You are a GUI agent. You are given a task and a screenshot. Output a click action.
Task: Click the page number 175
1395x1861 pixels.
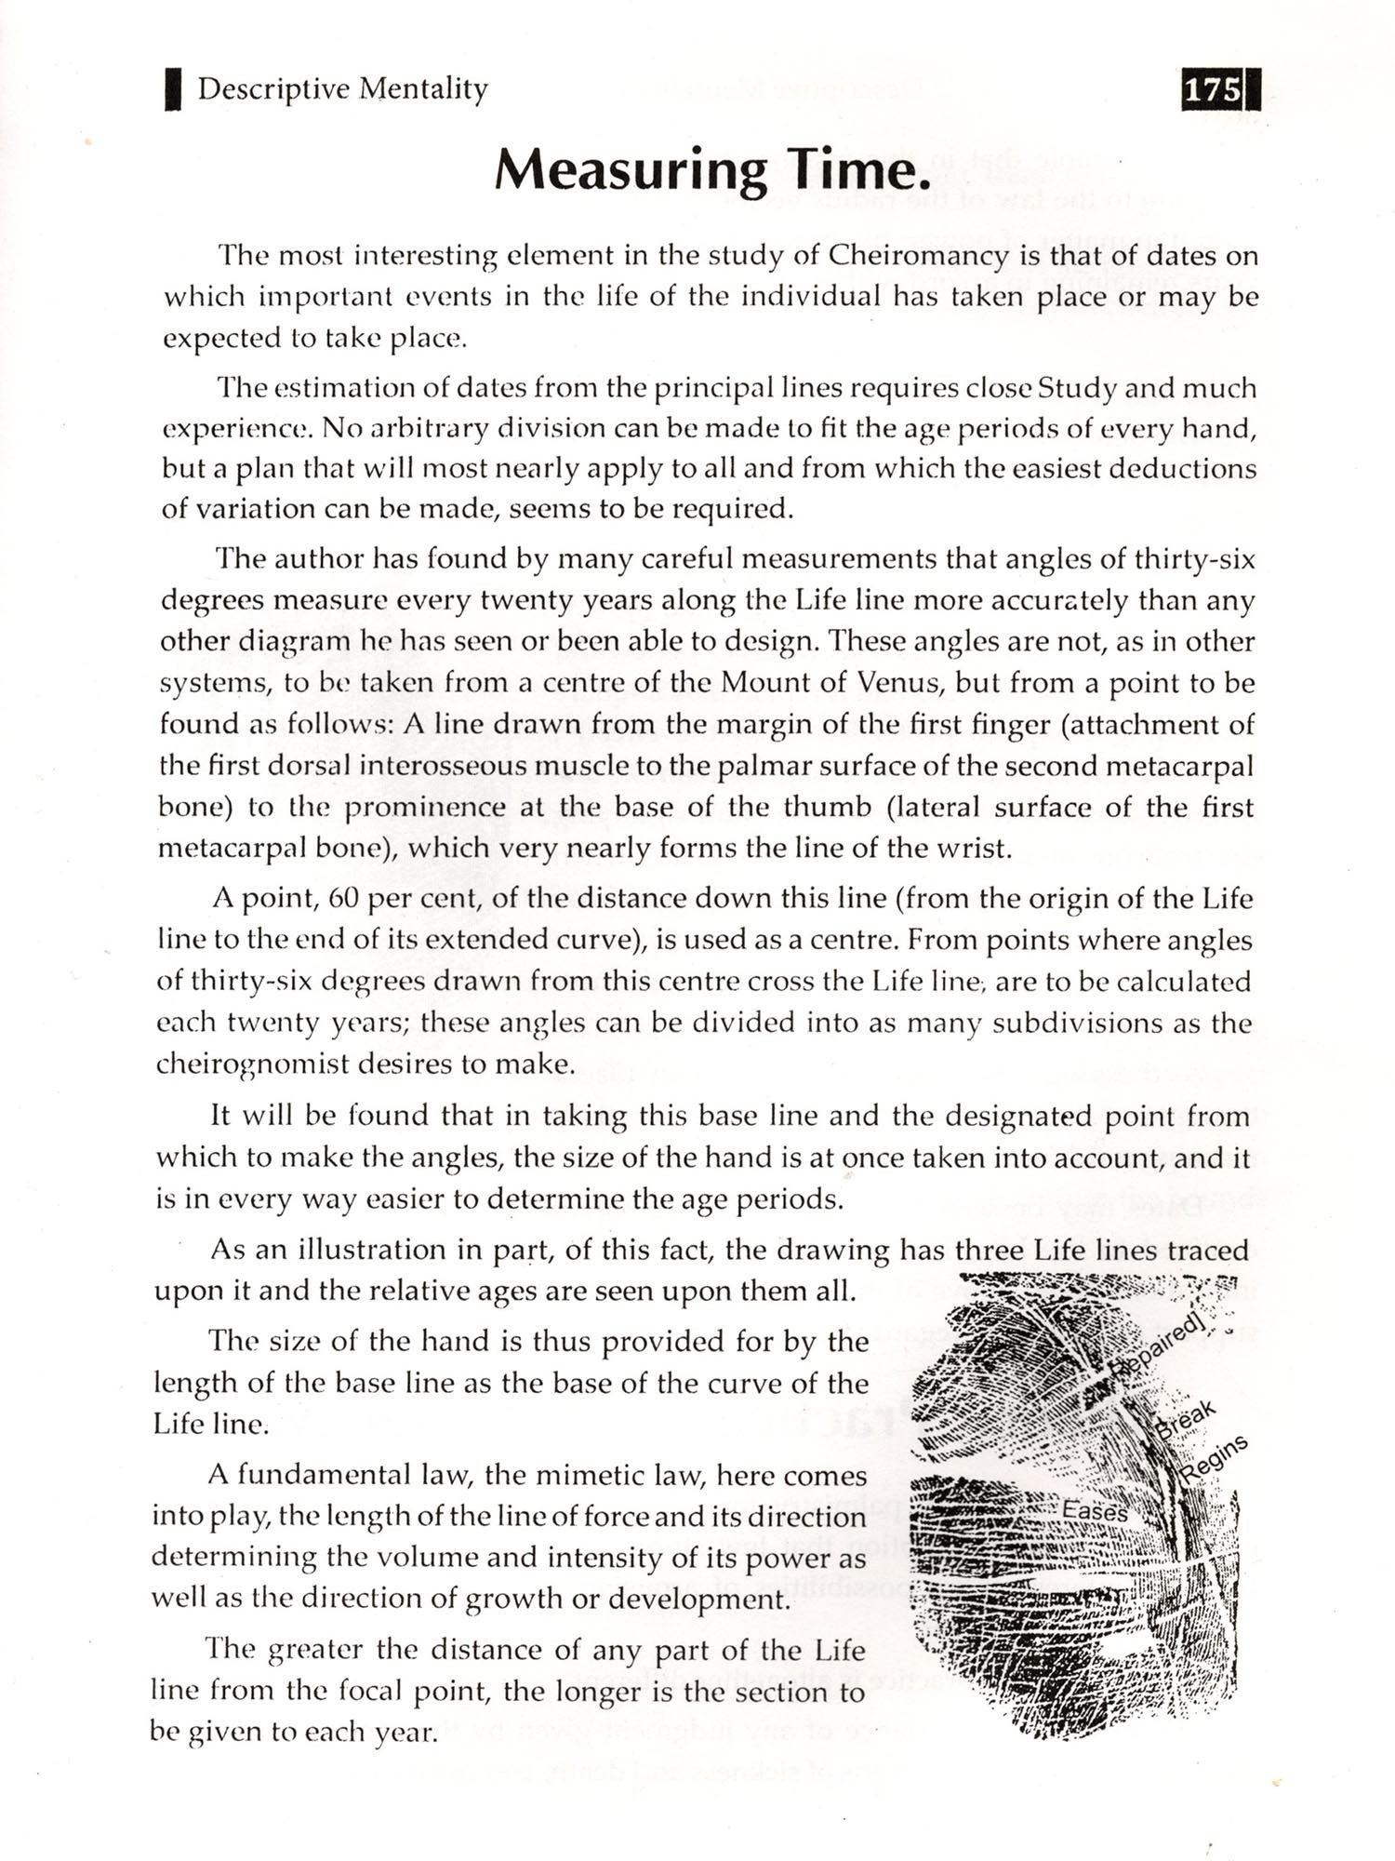click(x=1213, y=90)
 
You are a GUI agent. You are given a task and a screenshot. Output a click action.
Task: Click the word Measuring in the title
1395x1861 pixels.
click(x=631, y=169)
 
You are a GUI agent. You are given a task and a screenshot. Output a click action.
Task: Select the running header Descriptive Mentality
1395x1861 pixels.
click(x=342, y=89)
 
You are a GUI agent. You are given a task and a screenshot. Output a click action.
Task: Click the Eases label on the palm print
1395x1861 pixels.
click(x=1095, y=1511)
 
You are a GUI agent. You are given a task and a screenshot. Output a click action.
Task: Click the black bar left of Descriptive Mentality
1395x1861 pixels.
click(x=172, y=90)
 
